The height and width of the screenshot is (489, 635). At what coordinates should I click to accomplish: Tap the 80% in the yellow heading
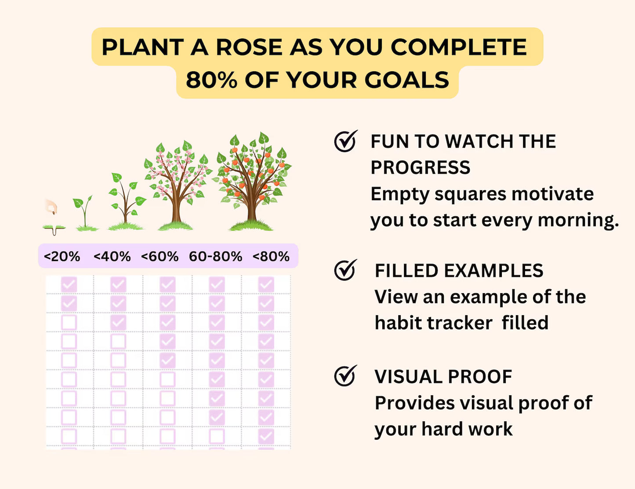211,80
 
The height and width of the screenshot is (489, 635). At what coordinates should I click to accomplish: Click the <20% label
62,256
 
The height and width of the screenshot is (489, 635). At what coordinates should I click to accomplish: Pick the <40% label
112,256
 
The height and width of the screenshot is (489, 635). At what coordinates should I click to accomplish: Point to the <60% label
160,256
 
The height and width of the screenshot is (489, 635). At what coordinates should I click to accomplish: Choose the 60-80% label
215,256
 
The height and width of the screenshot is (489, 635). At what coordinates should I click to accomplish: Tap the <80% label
271,256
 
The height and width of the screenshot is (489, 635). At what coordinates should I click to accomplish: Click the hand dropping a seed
52,207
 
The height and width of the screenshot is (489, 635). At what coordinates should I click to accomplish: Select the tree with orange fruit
252,180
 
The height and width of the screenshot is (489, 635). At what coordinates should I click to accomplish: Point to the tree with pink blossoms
178,183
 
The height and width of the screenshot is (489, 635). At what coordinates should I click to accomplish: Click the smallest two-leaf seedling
84,213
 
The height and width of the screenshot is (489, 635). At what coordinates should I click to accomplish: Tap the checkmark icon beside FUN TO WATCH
345,141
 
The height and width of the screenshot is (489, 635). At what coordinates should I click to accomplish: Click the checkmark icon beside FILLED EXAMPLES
345,270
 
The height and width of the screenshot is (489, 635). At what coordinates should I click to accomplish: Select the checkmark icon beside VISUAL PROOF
345,376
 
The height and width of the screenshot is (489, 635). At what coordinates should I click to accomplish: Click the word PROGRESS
420,167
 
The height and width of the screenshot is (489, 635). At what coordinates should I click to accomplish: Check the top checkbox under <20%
69,284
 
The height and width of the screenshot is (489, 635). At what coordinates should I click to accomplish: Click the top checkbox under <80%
266,284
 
